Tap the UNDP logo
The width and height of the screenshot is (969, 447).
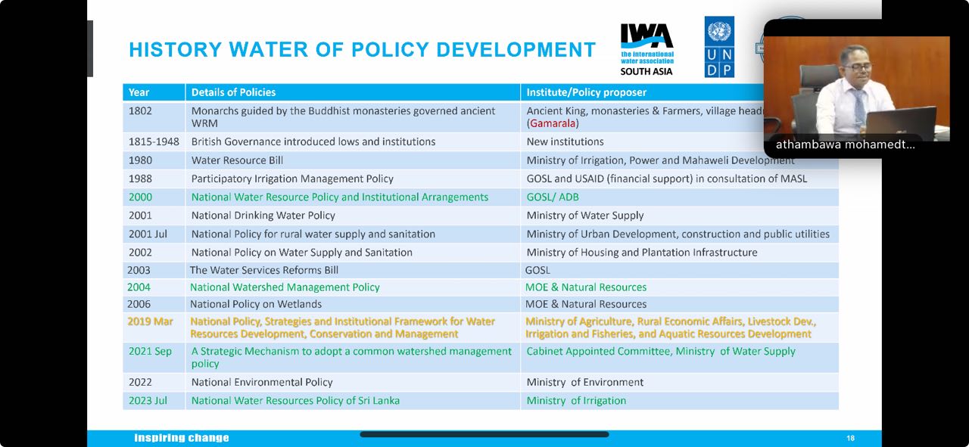click(x=718, y=47)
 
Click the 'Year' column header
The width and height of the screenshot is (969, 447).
click(x=139, y=92)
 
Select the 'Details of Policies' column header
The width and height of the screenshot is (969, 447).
click(x=233, y=92)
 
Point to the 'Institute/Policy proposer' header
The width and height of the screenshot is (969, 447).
click(x=587, y=92)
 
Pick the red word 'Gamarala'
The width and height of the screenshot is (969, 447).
click(x=553, y=123)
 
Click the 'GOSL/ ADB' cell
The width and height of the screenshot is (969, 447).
click(x=553, y=197)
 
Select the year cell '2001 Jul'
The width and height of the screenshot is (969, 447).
click(x=148, y=234)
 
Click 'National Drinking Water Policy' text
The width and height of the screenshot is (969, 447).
click(x=263, y=216)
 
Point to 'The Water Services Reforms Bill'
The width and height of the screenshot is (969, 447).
click(x=264, y=270)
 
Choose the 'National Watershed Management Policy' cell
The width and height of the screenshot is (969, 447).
click(x=285, y=287)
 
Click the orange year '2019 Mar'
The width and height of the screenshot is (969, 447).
click(x=150, y=321)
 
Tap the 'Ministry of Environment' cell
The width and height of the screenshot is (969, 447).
click(x=585, y=383)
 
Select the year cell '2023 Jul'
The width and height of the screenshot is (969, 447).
click(x=148, y=401)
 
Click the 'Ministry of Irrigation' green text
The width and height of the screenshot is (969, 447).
click(x=576, y=401)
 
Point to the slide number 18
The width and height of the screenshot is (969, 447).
click(x=850, y=439)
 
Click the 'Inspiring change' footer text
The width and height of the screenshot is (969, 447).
click(x=182, y=438)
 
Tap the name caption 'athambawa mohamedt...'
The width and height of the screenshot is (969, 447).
click(x=845, y=144)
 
